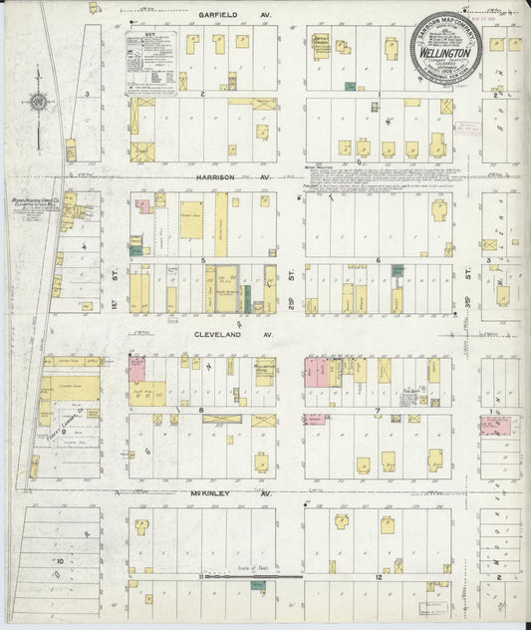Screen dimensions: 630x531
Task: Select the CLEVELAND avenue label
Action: point(220,336)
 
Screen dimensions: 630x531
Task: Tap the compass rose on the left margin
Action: point(38,101)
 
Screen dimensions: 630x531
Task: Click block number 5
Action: point(203,261)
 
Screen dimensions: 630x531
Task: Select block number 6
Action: point(378,261)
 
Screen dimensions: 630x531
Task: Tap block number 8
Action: point(201,410)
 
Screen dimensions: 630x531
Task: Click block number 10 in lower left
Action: point(60,561)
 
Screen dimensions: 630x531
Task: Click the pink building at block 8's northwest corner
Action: point(136,370)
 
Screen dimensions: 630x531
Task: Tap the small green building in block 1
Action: point(350,87)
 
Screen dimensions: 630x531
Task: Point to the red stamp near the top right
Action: point(467,128)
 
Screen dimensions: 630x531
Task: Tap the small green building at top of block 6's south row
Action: point(398,270)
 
